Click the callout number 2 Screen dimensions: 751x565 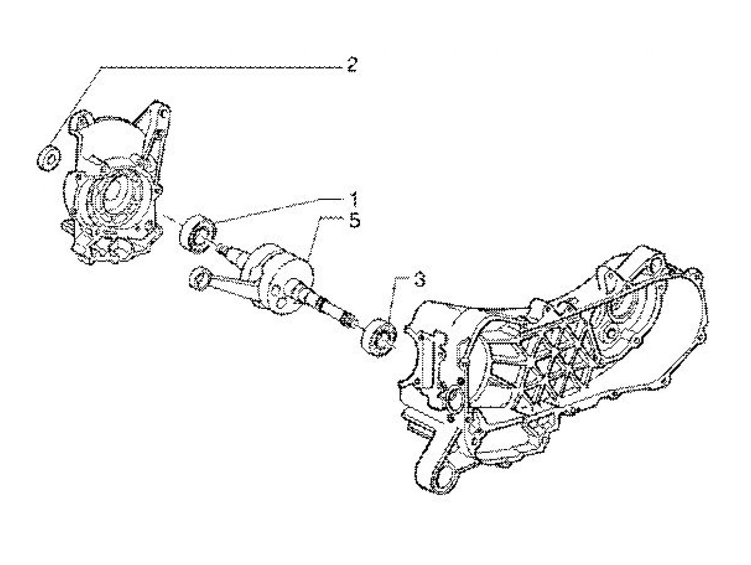pos(351,66)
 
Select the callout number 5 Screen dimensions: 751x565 pos(354,220)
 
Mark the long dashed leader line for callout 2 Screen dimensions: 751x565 pos(215,68)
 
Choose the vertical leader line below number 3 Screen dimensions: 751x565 pos(396,301)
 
